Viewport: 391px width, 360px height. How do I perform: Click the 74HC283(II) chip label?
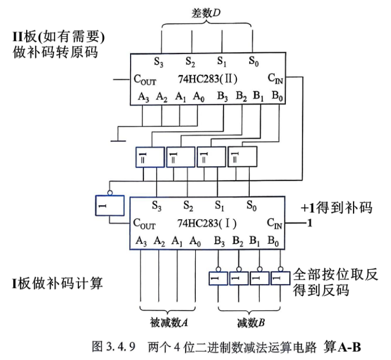208,79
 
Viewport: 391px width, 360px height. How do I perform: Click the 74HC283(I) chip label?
207,223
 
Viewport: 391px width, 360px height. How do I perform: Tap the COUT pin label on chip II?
145,80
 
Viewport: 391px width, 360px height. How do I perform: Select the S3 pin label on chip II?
158,61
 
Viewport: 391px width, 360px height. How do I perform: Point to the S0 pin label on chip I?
251,206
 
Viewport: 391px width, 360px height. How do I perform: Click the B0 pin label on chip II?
277,96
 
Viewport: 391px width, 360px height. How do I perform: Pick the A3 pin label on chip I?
141,241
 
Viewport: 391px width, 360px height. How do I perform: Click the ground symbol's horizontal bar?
118,141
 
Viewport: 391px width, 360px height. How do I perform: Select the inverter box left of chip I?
110,206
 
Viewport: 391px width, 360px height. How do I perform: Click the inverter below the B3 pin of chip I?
219,278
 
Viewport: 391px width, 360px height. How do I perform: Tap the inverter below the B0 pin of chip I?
280,278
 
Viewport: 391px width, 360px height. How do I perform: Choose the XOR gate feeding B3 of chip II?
150,157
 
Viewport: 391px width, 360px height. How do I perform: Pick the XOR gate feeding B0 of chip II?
242,157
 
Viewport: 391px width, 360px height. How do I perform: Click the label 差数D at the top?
206,13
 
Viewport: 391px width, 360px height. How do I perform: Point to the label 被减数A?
169,323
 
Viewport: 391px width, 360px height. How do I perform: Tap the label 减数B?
250,323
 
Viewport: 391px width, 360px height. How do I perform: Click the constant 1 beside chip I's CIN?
309,223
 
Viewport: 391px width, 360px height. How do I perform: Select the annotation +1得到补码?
337,207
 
